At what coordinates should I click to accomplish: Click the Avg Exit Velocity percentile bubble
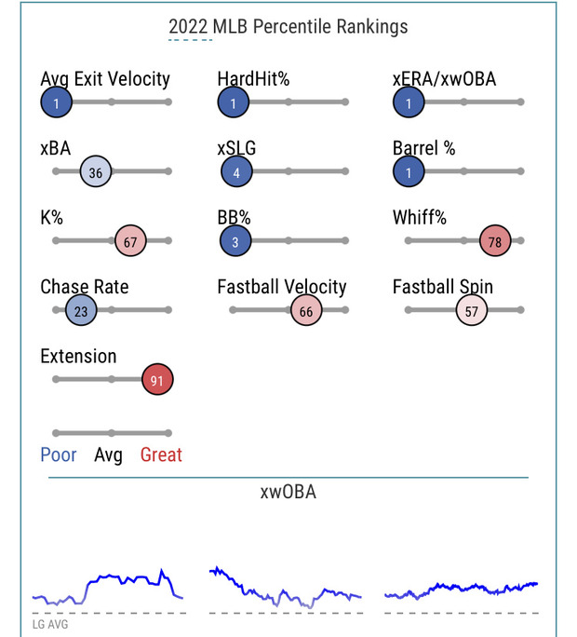click(57, 102)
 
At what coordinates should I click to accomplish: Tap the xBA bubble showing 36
click(96, 172)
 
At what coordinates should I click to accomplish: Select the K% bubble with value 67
click(130, 241)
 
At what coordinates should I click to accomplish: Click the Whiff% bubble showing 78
click(495, 241)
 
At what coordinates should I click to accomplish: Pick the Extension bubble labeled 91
click(158, 379)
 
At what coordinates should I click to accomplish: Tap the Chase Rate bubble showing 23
click(81, 311)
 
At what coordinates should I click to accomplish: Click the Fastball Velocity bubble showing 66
click(306, 311)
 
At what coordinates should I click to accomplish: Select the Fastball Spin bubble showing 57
click(472, 311)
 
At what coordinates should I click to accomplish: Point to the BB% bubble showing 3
click(236, 241)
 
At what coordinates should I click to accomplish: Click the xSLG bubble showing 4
click(237, 172)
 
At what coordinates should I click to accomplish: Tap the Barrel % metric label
click(423, 148)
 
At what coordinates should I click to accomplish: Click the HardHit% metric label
click(253, 79)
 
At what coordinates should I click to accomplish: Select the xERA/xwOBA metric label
click(444, 79)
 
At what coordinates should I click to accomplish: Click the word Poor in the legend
click(59, 455)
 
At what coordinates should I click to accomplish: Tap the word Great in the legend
click(161, 455)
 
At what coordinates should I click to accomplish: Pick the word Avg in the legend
click(109, 455)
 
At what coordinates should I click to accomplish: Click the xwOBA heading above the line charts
click(288, 492)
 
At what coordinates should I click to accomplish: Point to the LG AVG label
click(50, 625)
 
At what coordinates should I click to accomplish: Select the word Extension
click(78, 356)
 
